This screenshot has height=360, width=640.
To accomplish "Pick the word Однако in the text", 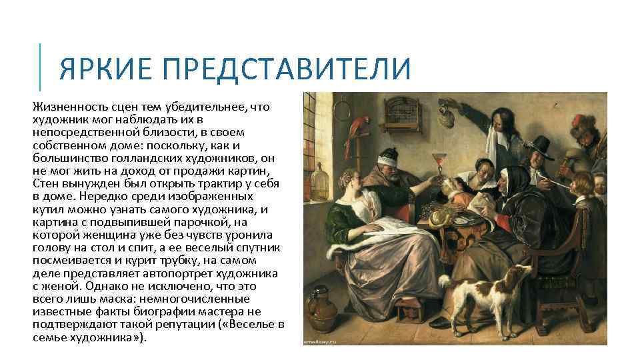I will pyautogui.click(x=97, y=287).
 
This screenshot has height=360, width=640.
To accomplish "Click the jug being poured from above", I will pyautogui.click(x=467, y=107).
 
